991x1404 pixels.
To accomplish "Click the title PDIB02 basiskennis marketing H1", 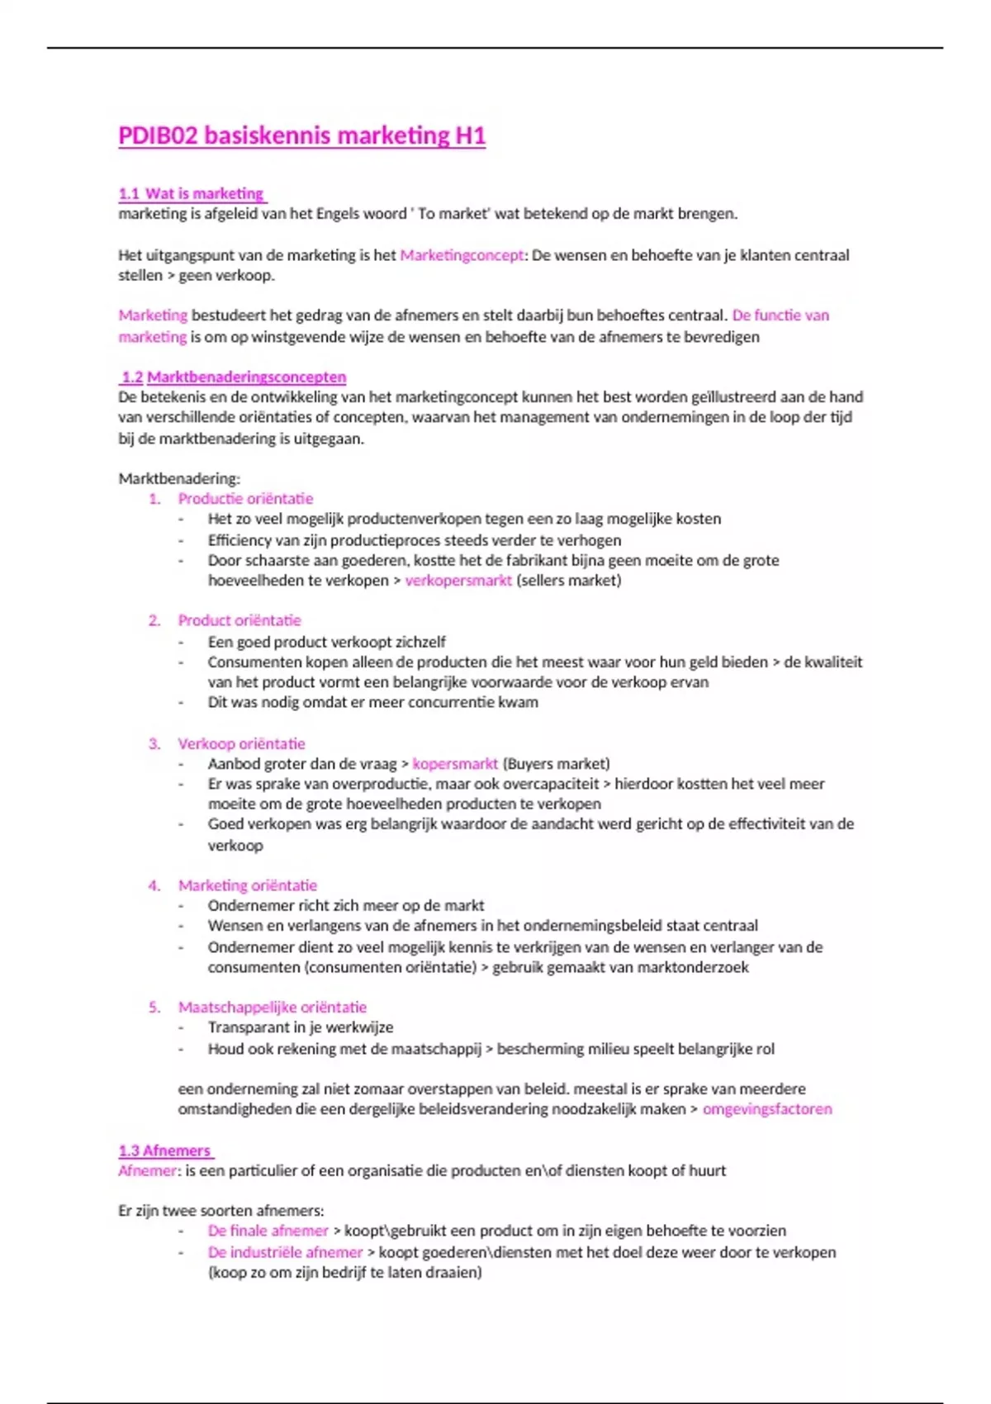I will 301,135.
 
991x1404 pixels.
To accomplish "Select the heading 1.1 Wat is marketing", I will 192,194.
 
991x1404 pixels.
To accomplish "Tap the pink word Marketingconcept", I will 462,255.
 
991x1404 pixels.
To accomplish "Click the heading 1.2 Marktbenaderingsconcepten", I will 233,377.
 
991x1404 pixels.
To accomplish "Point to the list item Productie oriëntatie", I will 245,499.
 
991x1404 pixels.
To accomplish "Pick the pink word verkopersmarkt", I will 458,581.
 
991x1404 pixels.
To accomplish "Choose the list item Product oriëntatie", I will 239,620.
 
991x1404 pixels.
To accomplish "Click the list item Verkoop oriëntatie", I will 241,743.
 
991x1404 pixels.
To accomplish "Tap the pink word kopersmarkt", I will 455,764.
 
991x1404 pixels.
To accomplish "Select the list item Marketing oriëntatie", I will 247,885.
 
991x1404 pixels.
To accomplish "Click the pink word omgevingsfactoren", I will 767,1109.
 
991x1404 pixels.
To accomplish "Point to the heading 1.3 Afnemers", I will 165,1150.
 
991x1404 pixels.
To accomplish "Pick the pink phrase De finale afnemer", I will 268,1231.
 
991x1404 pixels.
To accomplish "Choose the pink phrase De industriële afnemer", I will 285,1252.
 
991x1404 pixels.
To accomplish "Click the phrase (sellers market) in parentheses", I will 569,581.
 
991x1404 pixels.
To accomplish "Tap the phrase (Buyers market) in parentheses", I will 556,764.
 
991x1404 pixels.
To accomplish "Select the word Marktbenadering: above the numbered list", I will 179,478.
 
